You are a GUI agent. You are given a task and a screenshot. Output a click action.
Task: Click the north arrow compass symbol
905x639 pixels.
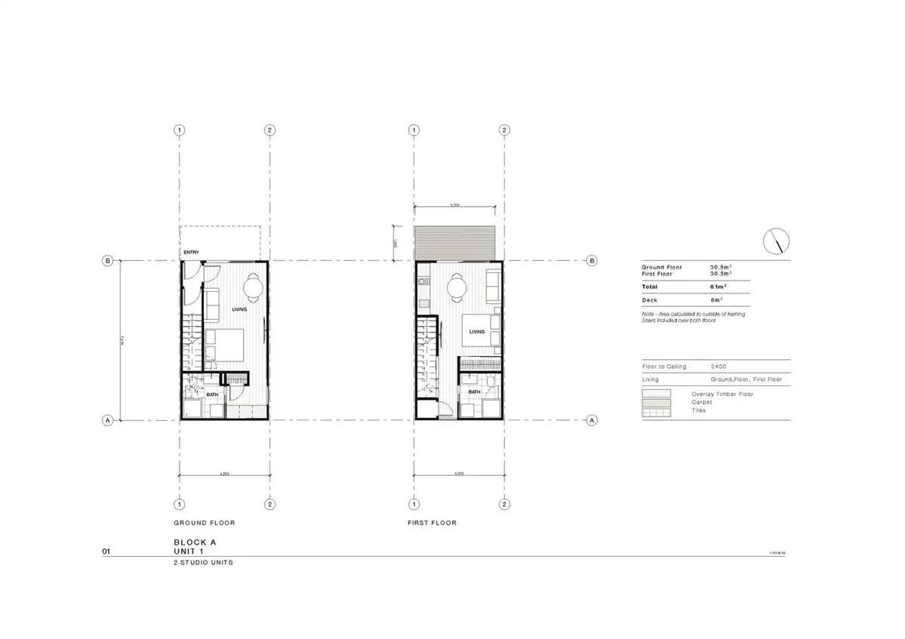pyautogui.click(x=777, y=241)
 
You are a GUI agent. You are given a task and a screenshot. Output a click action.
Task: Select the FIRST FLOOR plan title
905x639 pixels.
pyautogui.click(x=431, y=523)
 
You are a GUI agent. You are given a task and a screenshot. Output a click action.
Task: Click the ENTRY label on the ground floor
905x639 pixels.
pyautogui.click(x=190, y=253)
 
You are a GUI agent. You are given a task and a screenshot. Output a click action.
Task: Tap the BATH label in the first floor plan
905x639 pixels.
pyautogui.click(x=474, y=392)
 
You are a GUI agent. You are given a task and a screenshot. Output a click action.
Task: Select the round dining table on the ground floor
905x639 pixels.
pyautogui.click(x=253, y=286)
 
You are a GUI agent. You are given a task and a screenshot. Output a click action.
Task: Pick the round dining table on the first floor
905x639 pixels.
pyautogui.click(x=457, y=287)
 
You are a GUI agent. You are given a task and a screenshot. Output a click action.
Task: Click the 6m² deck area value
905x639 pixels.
pyautogui.click(x=716, y=300)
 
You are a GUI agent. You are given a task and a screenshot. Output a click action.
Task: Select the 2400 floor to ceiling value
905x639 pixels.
pyautogui.click(x=719, y=367)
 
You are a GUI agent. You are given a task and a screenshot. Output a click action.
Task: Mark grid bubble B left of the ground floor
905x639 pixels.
pyautogui.click(x=108, y=261)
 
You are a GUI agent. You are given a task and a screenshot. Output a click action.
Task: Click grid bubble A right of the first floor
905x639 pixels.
pyautogui.click(x=593, y=420)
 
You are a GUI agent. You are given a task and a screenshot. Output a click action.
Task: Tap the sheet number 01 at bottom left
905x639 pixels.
pyautogui.click(x=106, y=552)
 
